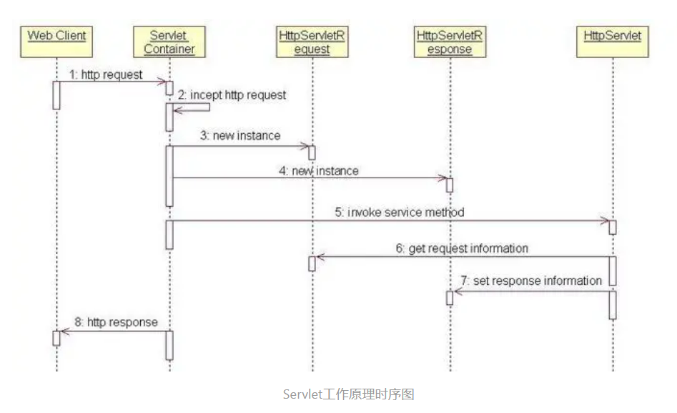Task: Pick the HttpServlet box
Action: tap(613, 35)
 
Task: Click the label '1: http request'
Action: tap(106, 74)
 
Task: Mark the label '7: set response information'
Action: tap(531, 281)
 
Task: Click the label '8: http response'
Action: tap(117, 322)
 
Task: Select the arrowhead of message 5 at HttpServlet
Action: tap(605, 221)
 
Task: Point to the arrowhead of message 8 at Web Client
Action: tap(64, 331)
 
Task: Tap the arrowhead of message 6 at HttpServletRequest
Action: tap(320, 257)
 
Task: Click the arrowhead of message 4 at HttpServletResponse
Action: tap(442, 178)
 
